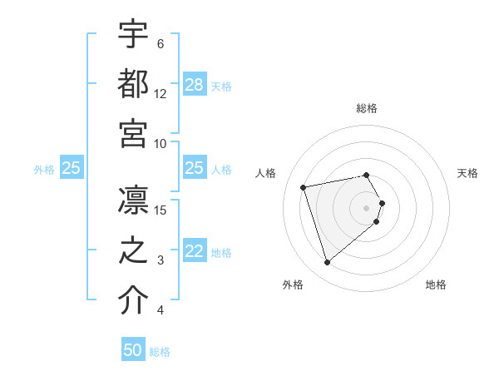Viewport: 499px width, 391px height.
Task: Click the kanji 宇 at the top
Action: (134, 34)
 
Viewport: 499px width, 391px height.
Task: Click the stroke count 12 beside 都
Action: (161, 94)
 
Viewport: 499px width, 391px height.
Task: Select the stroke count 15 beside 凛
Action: (161, 210)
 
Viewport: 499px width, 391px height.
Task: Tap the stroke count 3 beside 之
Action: (161, 261)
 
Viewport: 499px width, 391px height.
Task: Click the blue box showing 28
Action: (195, 85)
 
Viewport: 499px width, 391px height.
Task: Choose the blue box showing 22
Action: (195, 252)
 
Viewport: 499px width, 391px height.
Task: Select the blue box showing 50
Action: (133, 350)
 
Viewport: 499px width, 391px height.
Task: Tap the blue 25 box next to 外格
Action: (71, 168)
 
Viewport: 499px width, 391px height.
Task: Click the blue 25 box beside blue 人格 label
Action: (195, 168)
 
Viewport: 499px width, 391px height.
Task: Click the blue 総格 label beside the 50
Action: (160, 352)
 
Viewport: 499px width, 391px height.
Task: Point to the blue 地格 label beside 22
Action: (221, 253)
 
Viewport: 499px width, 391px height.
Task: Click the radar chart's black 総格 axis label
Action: (367, 108)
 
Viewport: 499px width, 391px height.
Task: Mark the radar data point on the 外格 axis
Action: (328, 263)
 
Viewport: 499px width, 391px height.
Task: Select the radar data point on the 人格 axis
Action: (304, 186)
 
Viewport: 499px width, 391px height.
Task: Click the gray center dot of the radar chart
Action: (367, 206)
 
